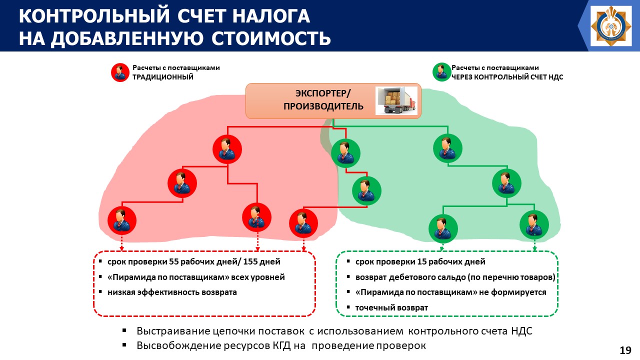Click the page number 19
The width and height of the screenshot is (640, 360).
coord(625,350)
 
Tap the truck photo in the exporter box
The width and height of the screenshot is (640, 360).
coord(396,101)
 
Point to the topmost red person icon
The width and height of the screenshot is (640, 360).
coord(227,149)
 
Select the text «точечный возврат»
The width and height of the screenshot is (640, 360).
coord(391,307)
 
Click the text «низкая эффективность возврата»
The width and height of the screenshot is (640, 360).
coord(172,292)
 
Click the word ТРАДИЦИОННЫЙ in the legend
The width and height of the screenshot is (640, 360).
coord(162,77)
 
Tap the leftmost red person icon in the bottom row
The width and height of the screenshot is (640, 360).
coord(121,220)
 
